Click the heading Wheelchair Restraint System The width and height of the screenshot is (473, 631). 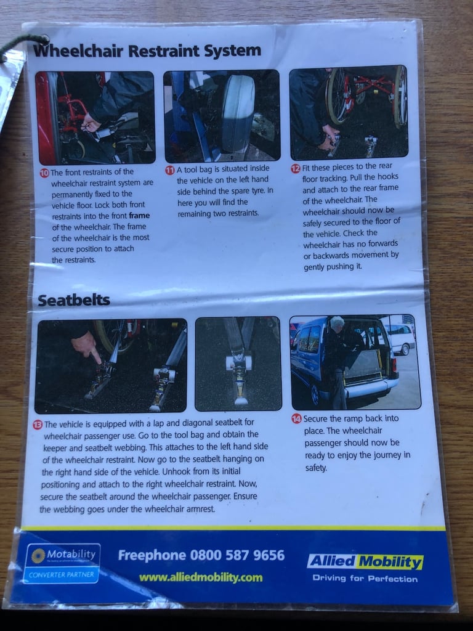147,51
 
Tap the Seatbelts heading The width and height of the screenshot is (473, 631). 74,300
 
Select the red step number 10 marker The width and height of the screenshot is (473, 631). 44,173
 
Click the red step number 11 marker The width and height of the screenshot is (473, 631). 170,170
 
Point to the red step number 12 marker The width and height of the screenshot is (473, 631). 296,169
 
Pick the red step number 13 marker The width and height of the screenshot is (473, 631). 38,425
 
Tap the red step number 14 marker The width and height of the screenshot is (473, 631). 296,419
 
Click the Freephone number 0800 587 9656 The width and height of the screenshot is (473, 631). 201,555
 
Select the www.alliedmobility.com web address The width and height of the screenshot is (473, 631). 201,578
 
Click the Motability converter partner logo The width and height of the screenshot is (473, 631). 63,563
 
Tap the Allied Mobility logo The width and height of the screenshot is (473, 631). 365,562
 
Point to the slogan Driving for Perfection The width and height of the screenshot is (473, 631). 365,579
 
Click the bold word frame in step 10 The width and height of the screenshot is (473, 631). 139,216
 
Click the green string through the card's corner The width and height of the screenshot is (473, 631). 22,44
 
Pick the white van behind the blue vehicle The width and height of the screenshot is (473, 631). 398,338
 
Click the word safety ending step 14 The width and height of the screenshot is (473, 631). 316,468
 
